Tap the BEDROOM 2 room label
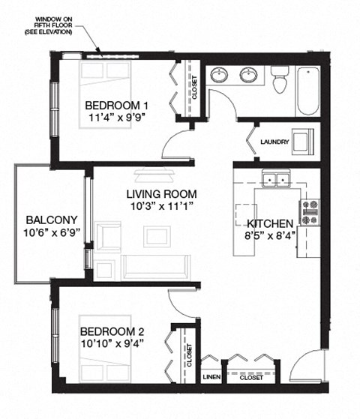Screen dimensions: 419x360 112,331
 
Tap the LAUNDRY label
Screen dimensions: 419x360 274,142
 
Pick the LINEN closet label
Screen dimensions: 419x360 211,378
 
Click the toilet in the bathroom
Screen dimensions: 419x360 281,80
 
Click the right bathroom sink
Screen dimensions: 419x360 249,76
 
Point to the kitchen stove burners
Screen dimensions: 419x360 310,212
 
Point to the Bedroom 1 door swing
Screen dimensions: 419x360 175,140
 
